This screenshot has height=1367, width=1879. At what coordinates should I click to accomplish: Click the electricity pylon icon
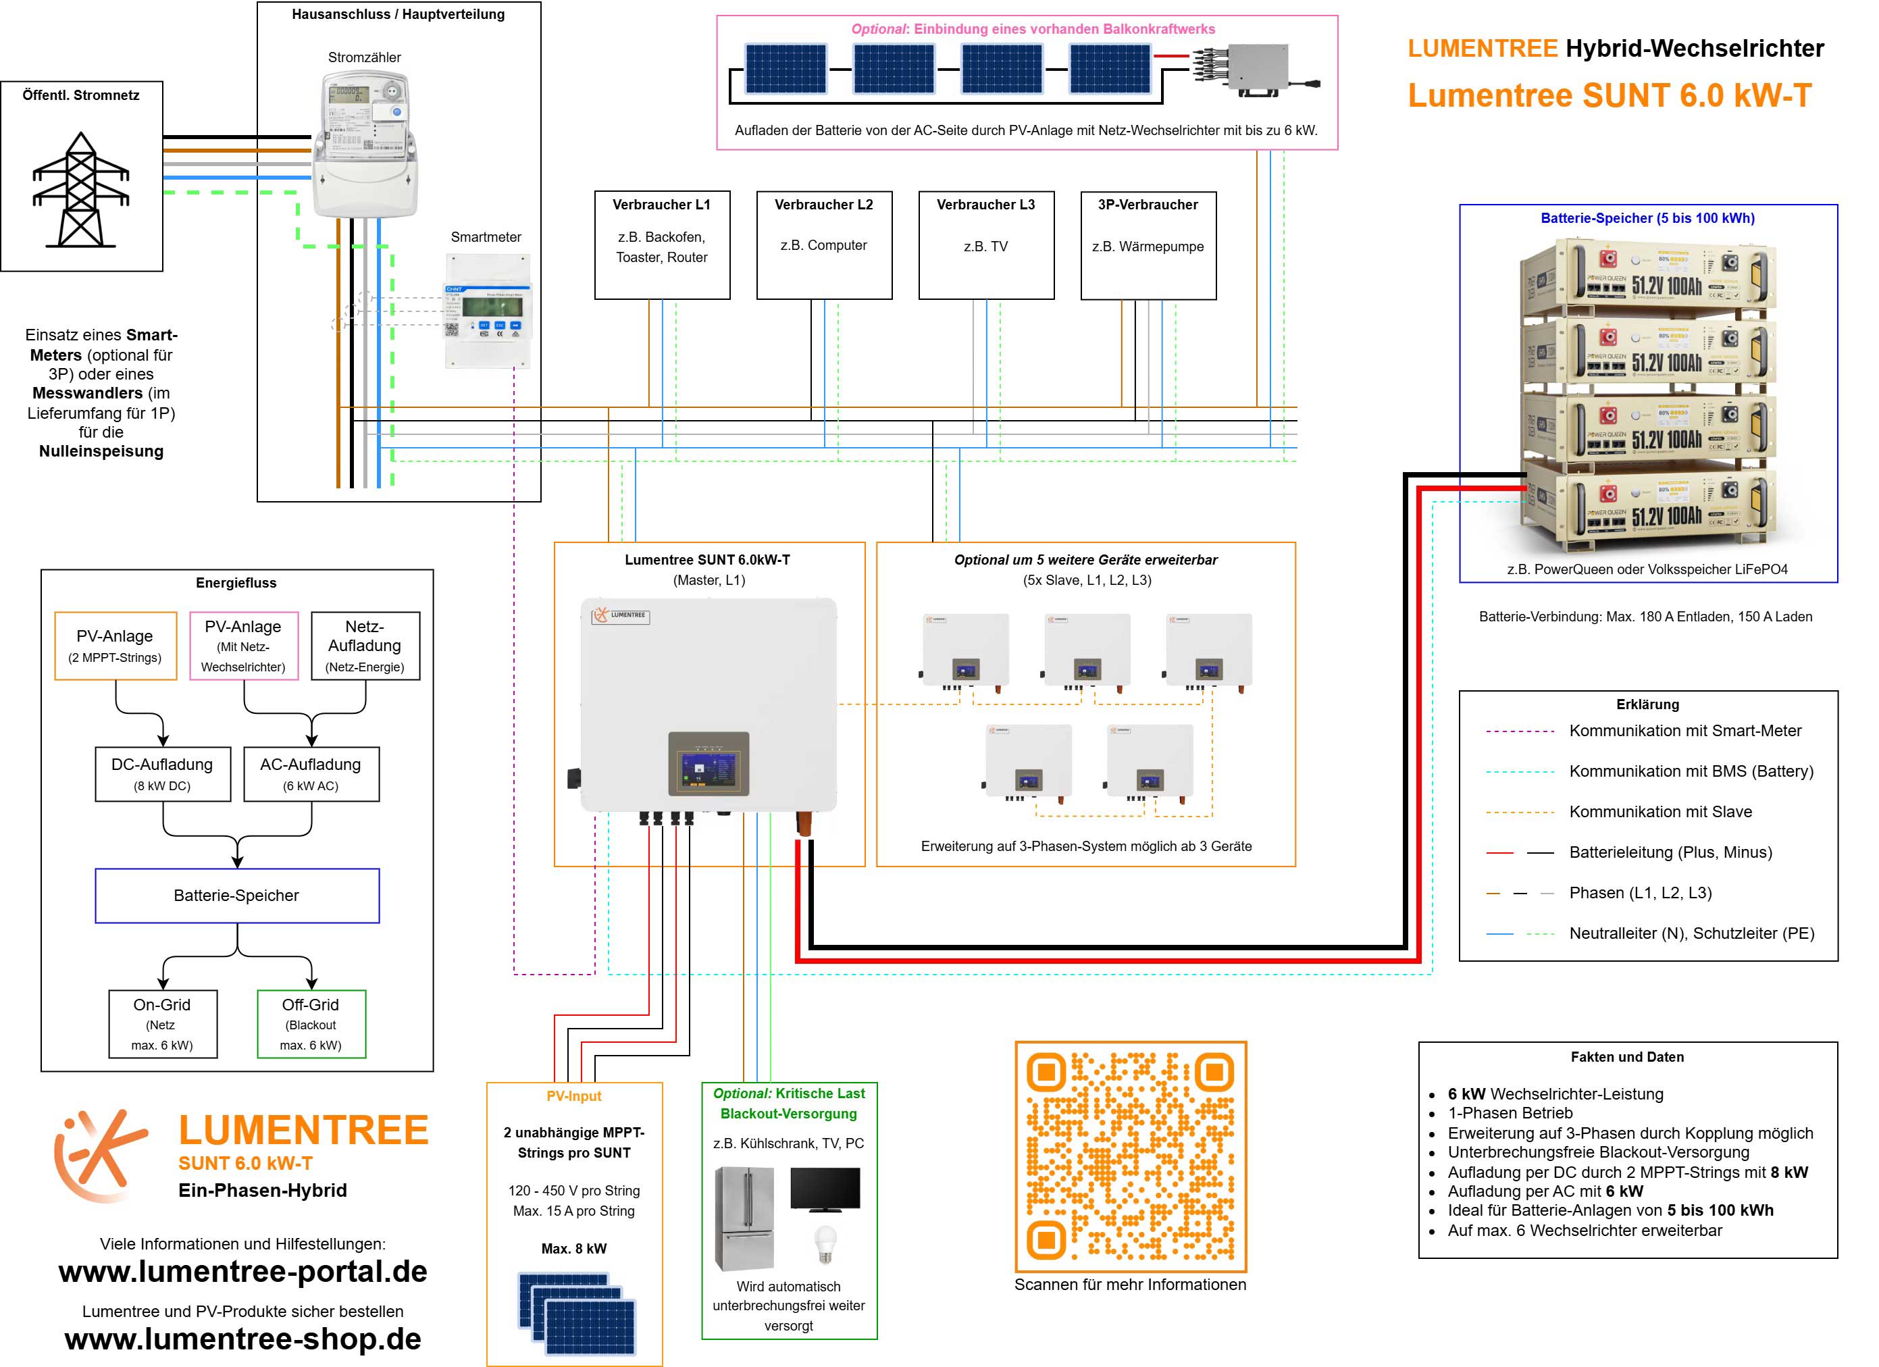click(x=80, y=190)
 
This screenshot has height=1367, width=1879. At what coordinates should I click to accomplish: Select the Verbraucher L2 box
click(x=823, y=244)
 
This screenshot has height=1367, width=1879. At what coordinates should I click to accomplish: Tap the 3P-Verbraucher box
click(x=1148, y=244)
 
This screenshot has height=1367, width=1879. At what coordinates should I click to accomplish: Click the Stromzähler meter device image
click(x=365, y=145)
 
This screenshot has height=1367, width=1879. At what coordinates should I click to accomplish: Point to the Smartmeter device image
click(x=487, y=311)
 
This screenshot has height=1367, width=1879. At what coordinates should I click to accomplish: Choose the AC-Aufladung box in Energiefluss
click(x=311, y=774)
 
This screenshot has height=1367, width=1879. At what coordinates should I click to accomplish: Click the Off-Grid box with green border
click(x=311, y=1023)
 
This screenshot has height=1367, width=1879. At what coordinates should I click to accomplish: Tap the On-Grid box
click(x=162, y=1023)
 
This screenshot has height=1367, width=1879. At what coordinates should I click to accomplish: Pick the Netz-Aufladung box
click(x=365, y=646)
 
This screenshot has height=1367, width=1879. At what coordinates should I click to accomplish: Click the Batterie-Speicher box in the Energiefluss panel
click(x=237, y=895)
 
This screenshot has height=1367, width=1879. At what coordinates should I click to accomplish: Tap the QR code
click(x=1130, y=1156)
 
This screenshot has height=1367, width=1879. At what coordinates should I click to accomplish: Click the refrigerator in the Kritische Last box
click(x=744, y=1218)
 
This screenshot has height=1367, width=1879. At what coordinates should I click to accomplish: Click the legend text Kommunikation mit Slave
click(x=1660, y=812)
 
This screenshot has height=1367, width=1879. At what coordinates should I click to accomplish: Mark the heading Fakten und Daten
click(x=1626, y=1057)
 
